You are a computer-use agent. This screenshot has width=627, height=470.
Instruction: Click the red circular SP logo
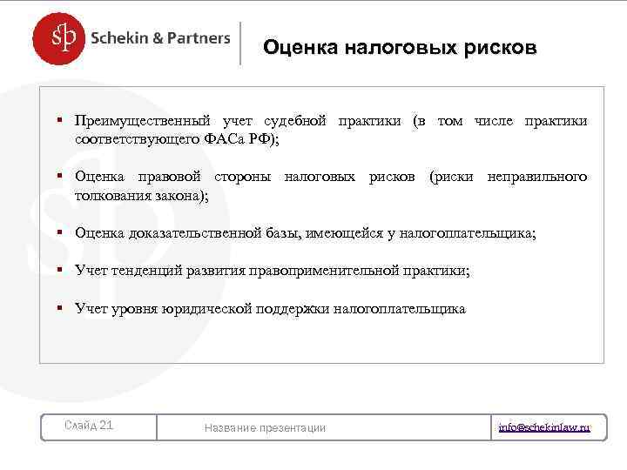(x=60, y=38)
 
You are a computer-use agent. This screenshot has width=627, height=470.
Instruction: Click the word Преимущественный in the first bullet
(x=141, y=121)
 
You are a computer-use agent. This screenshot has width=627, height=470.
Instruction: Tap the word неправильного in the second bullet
(x=537, y=178)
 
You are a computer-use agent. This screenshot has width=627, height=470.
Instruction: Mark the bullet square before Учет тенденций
(x=61, y=270)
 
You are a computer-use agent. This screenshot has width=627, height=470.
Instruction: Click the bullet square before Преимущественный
(x=61, y=120)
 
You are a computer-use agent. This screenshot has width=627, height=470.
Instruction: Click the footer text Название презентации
(x=265, y=427)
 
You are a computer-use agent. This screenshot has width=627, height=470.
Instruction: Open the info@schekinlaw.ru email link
(x=544, y=427)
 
